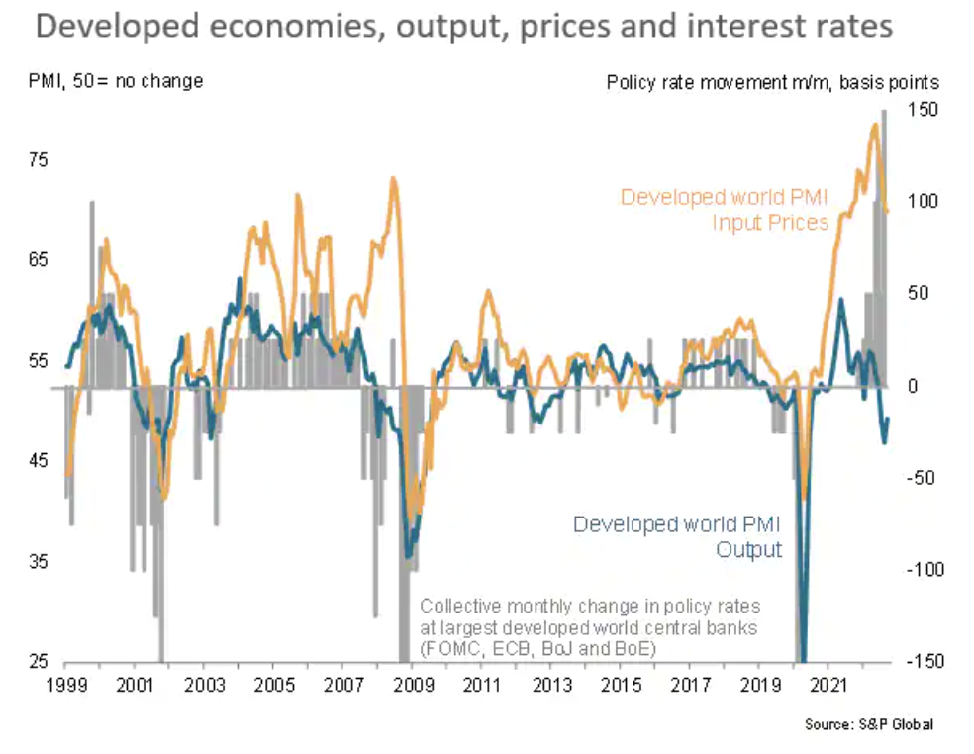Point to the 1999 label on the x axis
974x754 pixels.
[x=65, y=684]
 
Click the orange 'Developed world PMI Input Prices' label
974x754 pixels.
[x=724, y=210]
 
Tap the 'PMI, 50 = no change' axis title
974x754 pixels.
[x=116, y=81]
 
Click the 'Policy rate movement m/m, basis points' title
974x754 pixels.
[x=772, y=82]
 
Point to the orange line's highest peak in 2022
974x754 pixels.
[x=875, y=125]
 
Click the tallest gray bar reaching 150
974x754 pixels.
[x=883, y=247]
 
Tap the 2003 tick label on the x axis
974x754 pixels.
[x=204, y=684]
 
